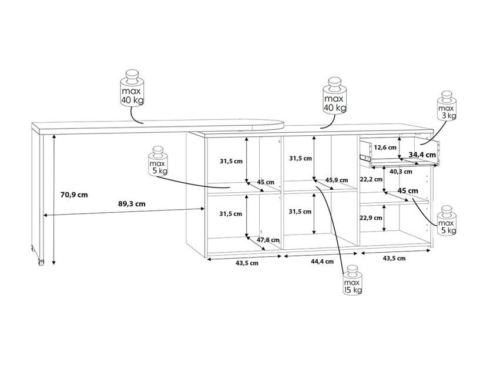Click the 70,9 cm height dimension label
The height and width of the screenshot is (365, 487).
click(x=74, y=195)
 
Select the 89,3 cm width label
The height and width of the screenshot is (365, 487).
click(x=132, y=204)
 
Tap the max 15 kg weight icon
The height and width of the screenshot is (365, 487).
click(x=352, y=280)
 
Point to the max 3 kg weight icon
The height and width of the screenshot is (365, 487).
click(x=447, y=106)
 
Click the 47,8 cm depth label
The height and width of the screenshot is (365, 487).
click(x=268, y=240)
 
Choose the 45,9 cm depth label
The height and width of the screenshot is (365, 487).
click(x=337, y=180)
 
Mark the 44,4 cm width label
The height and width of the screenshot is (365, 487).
click(x=323, y=262)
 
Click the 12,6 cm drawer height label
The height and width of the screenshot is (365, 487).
click(x=385, y=148)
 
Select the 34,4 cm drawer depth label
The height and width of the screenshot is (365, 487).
click(x=422, y=155)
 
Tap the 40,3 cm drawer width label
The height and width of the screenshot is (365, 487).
click(x=401, y=172)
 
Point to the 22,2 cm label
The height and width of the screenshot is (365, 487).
click(x=371, y=179)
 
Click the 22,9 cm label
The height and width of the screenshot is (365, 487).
click(x=371, y=217)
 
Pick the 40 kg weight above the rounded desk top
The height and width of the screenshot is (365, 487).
click(x=132, y=88)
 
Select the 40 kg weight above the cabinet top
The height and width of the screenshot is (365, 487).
click(x=335, y=96)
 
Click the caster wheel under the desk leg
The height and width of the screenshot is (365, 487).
click(x=41, y=263)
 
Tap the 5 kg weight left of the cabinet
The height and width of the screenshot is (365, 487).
click(x=158, y=161)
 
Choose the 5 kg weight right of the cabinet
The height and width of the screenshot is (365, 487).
click(x=447, y=220)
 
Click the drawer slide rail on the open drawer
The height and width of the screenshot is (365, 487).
click(x=365, y=157)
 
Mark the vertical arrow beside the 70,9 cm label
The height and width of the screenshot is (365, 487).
click(x=54, y=199)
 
